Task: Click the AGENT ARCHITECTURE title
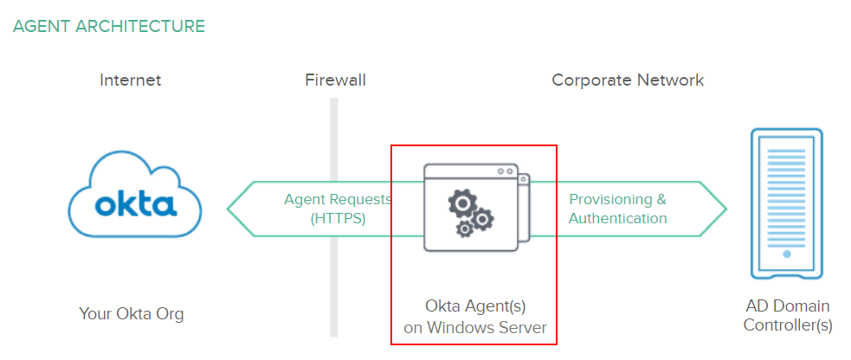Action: click(x=109, y=26)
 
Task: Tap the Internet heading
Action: click(x=131, y=80)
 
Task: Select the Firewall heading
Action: click(x=335, y=80)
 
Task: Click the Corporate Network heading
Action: click(x=628, y=80)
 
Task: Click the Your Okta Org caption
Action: click(x=132, y=313)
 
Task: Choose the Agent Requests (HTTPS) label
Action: click(x=338, y=209)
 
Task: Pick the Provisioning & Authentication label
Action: click(x=617, y=209)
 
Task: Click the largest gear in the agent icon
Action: click(x=462, y=204)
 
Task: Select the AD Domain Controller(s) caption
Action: click(x=787, y=316)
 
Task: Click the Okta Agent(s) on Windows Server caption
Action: click(x=475, y=317)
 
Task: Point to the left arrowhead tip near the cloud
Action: click(x=229, y=209)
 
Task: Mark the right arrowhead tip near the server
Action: click(x=725, y=209)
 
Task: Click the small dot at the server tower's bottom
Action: click(x=786, y=254)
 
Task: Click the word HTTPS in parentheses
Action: click(x=338, y=218)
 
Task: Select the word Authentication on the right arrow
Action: click(x=617, y=218)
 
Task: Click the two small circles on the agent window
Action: click(x=503, y=172)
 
